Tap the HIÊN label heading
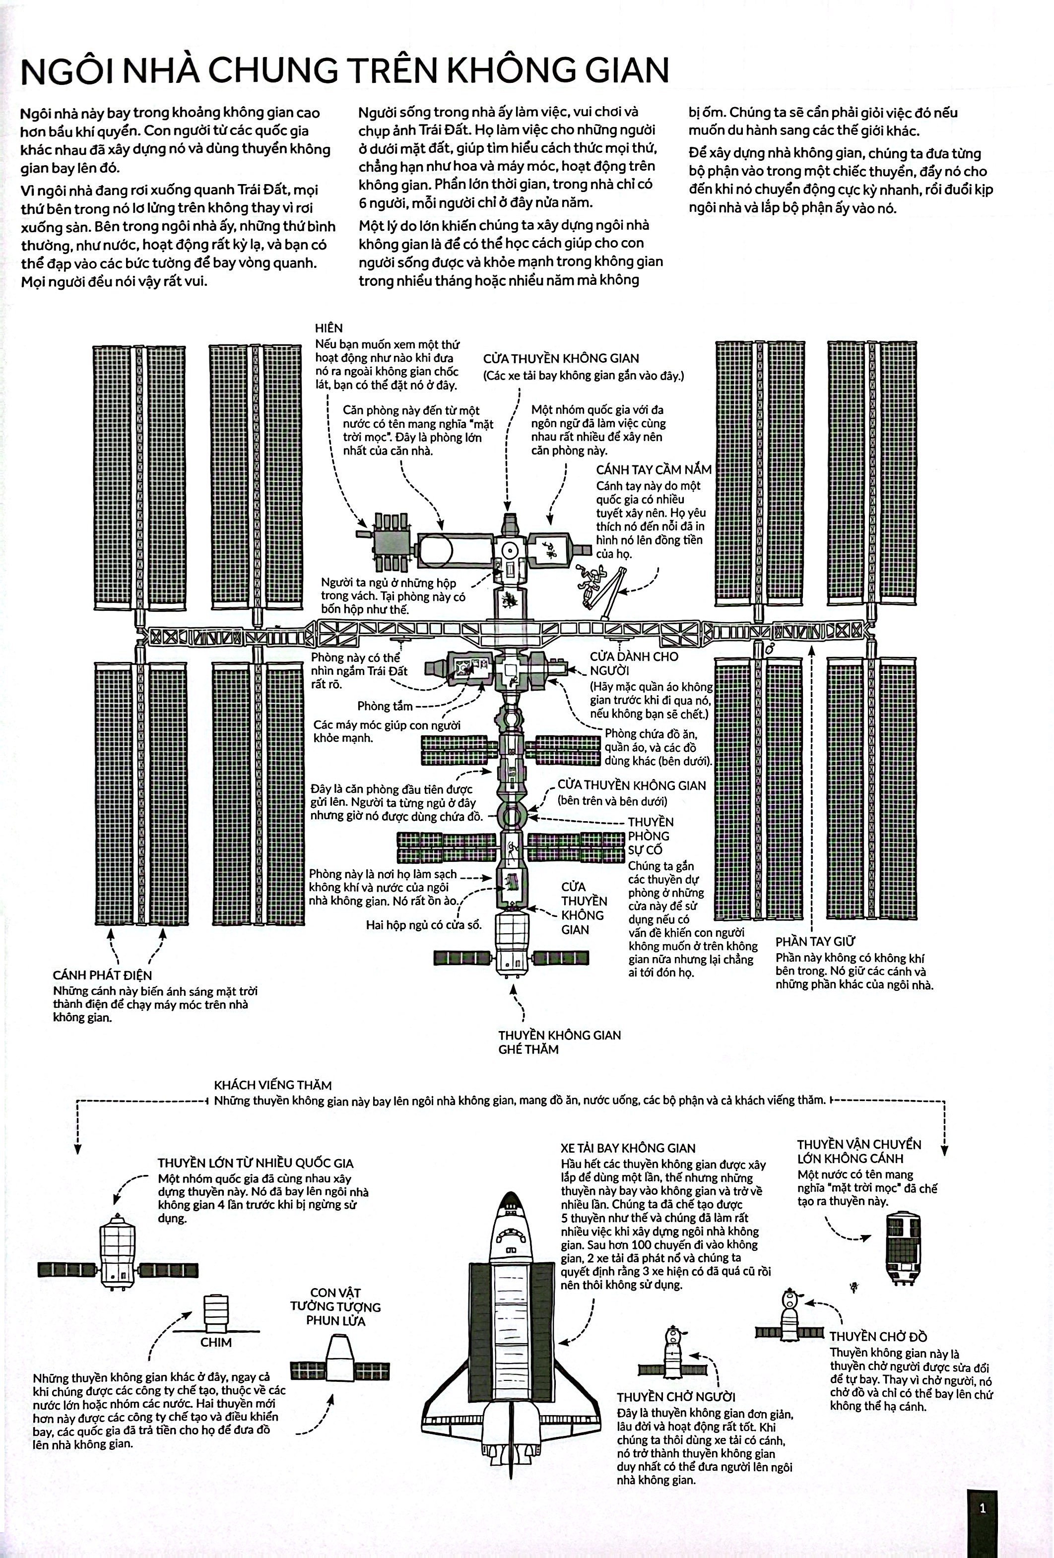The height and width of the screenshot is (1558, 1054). point(329,328)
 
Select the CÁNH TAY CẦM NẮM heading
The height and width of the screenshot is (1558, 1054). point(654,469)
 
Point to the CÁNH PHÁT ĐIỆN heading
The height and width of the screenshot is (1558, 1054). point(103,975)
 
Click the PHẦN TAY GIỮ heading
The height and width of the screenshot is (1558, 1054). point(815,941)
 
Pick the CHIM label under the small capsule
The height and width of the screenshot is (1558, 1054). point(216,1342)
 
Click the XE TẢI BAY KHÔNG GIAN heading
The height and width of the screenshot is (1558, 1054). point(628,1148)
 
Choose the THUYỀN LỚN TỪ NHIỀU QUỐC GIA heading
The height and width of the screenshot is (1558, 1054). point(256,1163)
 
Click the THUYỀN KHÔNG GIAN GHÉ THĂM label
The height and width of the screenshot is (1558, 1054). point(559,1042)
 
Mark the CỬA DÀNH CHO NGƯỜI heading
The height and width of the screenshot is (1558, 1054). point(634,663)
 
